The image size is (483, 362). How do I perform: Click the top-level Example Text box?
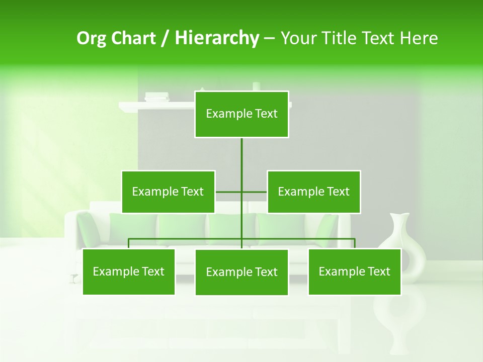[x=242, y=114]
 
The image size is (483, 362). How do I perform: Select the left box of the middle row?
[x=168, y=192]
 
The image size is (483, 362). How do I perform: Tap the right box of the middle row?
[x=313, y=192]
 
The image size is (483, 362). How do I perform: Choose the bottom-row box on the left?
[x=129, y=271]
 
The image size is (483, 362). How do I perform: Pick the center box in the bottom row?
[x=242, y=272]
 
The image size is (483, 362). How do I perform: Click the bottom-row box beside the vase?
[x=354, y=271]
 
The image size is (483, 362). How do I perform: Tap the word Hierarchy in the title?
[x=217, y=38]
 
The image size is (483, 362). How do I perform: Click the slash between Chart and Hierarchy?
[x=166, y=38]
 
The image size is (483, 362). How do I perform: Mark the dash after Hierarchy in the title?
[x=269, y=39]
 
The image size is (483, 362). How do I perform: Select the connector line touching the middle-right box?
[x=255, y=192]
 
